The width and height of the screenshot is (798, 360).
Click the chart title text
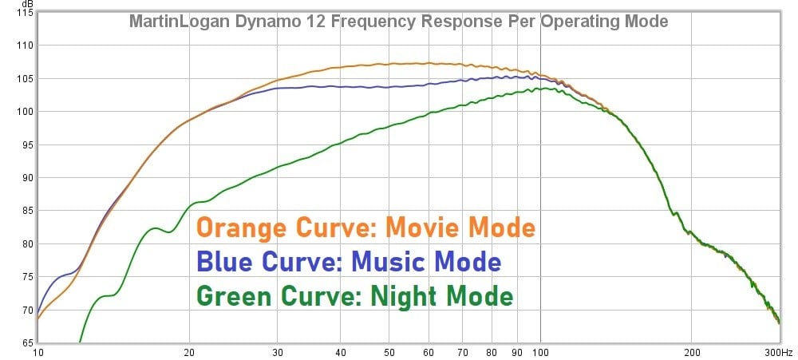[x=398, y=21]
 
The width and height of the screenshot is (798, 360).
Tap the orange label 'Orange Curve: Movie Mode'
[x=365, y=227]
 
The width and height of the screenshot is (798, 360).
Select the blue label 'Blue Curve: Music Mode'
[x=349, y=262]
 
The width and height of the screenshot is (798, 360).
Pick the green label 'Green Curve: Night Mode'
[x=354, y=296]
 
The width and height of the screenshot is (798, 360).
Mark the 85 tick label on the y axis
[x=26, y=211]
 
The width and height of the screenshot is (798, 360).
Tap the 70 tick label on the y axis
[x=26, y=310]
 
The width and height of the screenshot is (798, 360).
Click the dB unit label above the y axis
[x=26, y=5]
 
